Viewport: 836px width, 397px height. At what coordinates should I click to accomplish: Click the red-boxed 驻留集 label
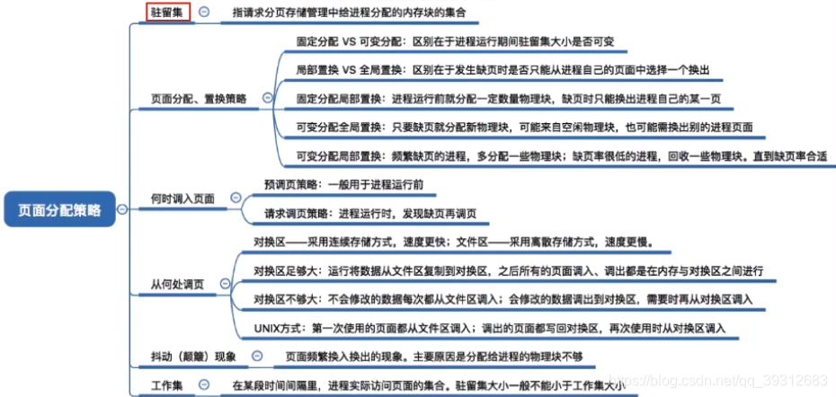tap(168, 12)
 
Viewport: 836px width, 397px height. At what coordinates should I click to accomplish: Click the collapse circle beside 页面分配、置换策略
tap(266, 98)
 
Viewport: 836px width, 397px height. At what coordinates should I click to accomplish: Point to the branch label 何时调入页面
tap(183, 198)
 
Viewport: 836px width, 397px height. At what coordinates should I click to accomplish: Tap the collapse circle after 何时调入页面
tap(236, 198)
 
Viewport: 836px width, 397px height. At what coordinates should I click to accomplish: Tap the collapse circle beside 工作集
tap(204, 385)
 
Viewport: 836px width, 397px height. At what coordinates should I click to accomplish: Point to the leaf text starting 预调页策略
tap(343, 184)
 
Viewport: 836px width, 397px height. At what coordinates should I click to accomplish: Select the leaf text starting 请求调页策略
tap(370, 214)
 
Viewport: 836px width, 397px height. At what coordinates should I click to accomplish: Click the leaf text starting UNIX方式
tap(488, 328)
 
